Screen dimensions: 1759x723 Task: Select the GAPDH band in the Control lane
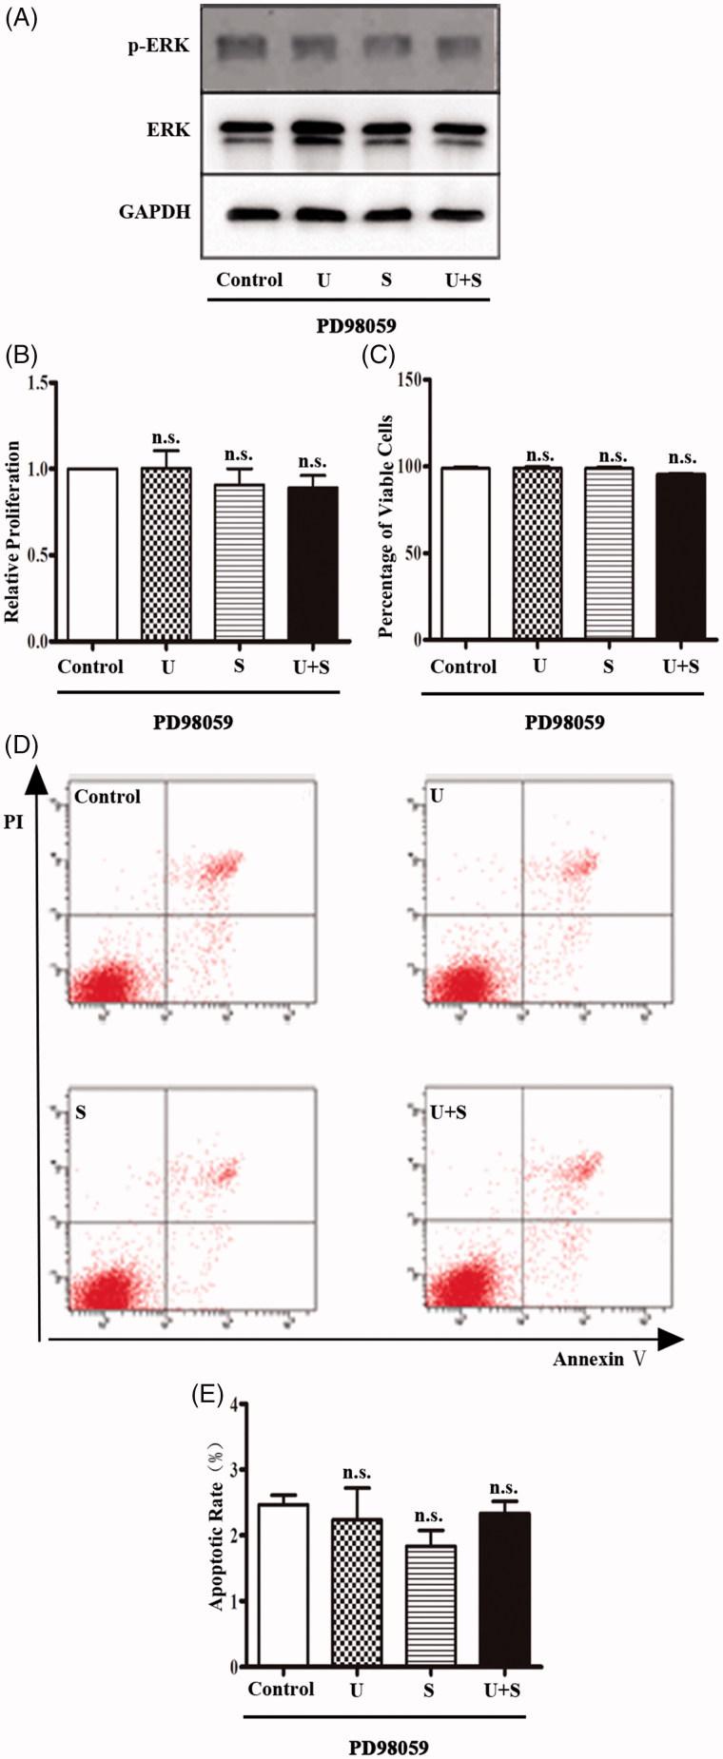point(249,213)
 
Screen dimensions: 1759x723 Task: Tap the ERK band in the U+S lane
point(461,129)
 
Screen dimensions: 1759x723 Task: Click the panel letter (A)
point(22,19)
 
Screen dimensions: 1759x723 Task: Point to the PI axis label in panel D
point(13,822)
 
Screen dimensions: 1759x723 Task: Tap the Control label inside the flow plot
point(107,797)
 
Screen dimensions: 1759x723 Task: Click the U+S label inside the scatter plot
point(448,1111)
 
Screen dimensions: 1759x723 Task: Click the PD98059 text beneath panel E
point(388,1747)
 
